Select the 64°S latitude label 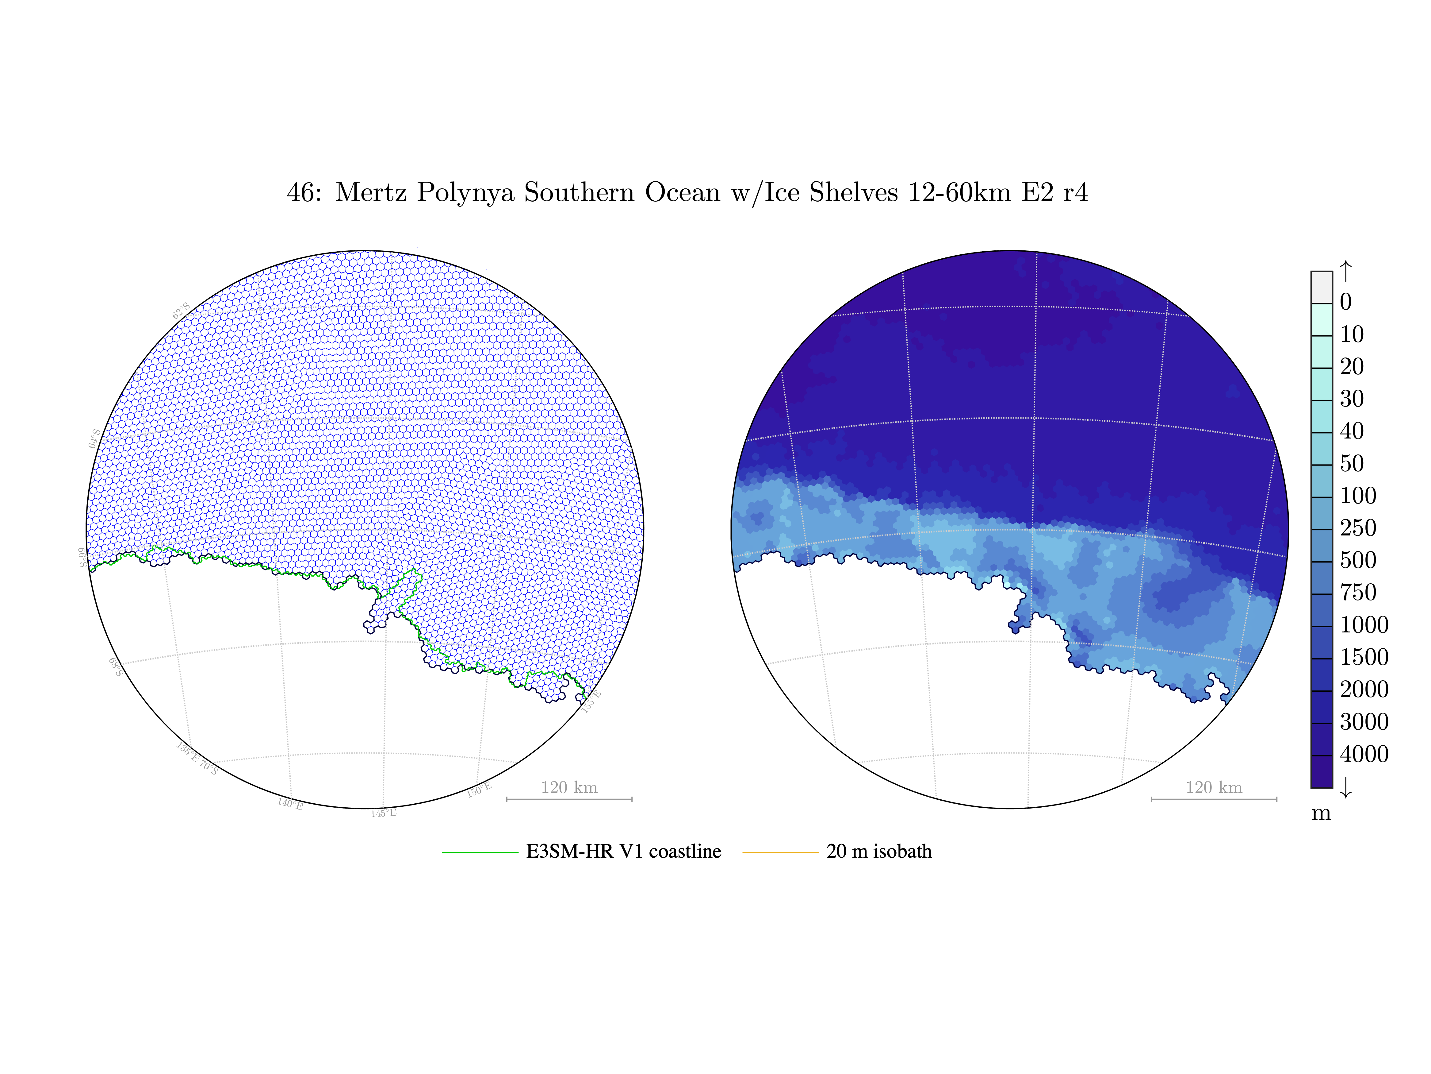point(94,438)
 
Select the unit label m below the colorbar point(1321,813)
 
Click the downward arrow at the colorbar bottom point(1345,787)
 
